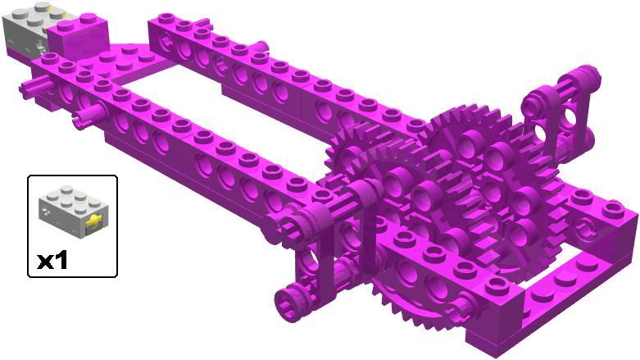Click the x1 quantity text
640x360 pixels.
(52, 260)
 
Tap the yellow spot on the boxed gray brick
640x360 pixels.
(93, 221)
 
